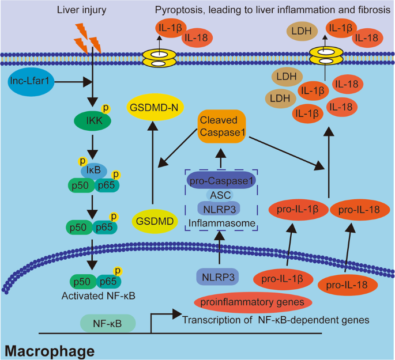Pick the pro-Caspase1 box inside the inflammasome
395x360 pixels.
pyautogui.click(x=220, y=180)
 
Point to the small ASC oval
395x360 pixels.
pyautogui.click(x=220, y=195)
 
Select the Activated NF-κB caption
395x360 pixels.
pyautogui.click(x=93, y=296)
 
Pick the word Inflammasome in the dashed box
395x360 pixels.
pyautogui.click(x=220, y=221)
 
